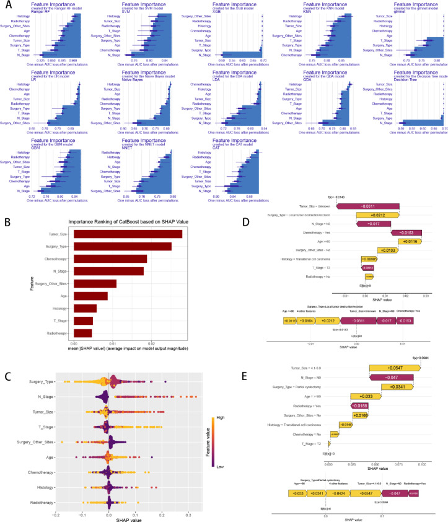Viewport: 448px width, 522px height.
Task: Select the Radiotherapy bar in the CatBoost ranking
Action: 82,333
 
